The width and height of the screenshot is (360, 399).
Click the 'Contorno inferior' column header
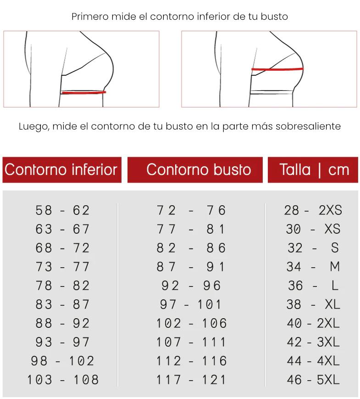click(61, 170)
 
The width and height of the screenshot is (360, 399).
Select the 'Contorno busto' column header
click(199, 170)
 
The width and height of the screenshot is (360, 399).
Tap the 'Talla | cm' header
click(314, 170)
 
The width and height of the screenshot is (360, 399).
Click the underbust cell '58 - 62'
click(62, 210)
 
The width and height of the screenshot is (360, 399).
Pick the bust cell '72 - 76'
click(191, 210)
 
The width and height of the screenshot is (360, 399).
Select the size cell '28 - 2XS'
click(313, 210)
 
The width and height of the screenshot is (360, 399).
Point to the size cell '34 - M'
click(313, 267)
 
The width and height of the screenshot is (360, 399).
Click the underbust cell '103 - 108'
click(62, 380)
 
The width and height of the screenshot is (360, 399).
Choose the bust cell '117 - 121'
click(191, 380)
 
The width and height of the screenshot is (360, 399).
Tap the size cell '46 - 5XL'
click(313, 380)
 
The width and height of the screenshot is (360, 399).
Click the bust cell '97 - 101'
click(191, 304)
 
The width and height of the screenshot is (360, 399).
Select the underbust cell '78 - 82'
click(62, 286)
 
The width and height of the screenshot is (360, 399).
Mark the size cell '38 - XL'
click(313, 304)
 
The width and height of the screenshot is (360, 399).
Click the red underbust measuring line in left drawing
click(83, 92)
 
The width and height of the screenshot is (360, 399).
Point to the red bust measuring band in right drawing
click(277, 69)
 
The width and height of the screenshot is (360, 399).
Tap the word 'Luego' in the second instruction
click(33, 126)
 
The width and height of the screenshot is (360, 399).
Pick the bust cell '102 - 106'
click(191, 323)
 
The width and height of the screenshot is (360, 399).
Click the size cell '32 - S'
click(313, 248)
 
